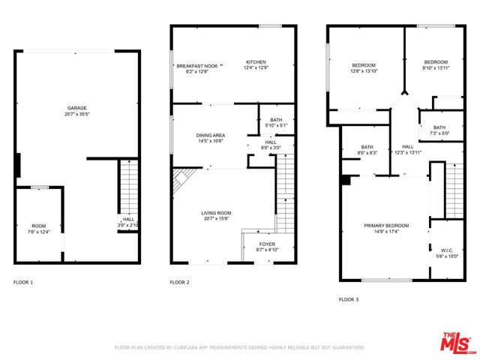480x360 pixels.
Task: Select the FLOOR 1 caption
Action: click(23, 282)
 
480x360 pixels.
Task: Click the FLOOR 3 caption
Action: click(348, 299)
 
